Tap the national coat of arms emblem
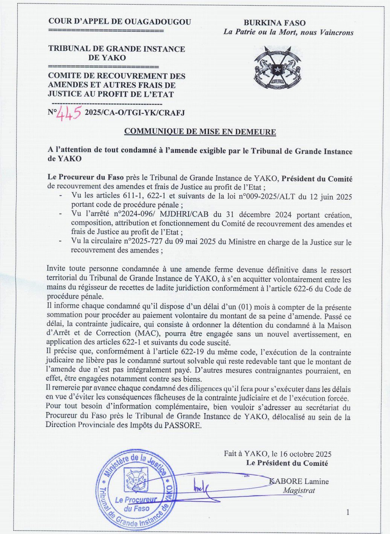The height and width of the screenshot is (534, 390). (x=278, y=68)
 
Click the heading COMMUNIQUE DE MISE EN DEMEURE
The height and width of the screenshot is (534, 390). (x=200, y=132)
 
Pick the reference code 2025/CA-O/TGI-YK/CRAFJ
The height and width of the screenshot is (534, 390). (x=135, y=113)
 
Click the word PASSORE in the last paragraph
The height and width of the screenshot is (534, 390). (x=183, y=426)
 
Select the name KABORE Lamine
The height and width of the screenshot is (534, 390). (x=299, y=481)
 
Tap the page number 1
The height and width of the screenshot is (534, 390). (x=348, y=512)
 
